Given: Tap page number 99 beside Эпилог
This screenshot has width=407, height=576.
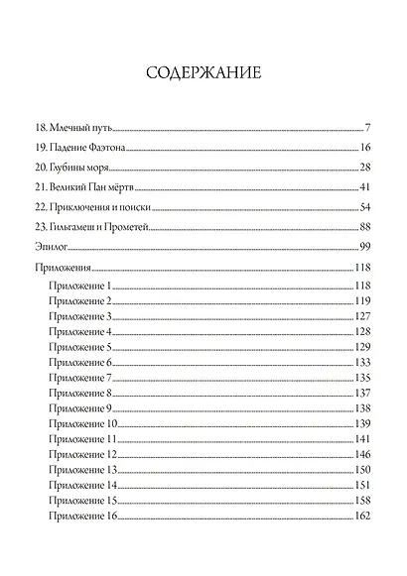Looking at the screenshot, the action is [364, 247].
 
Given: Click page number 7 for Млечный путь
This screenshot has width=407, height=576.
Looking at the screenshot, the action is [367, 129].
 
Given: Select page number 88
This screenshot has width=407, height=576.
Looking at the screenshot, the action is [364, 227].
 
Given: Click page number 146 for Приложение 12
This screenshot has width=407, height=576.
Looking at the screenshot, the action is [362, 454].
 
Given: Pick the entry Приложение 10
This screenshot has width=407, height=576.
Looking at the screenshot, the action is [82, 424].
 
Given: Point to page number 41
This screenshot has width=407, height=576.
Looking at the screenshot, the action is [364, 186].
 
